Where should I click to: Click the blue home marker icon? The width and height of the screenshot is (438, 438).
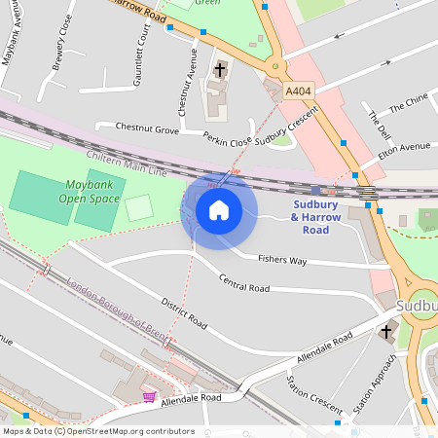[x=219, y=210]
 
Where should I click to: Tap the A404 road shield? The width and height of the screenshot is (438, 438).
[x=298, y=91]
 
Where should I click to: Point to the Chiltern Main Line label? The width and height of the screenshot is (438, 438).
[x=128, y=164]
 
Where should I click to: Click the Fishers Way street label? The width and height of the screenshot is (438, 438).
[x=282, y=260]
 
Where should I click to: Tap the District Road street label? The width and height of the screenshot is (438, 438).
[x=184, y=311]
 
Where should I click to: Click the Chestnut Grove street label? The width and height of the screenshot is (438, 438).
[x=147, y=128]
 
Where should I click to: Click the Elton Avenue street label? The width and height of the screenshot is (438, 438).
[x=404, y=147]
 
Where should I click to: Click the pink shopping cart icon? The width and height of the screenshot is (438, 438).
[x=149, y=396]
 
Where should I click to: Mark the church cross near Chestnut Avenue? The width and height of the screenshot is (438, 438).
[x=220, y=70]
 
